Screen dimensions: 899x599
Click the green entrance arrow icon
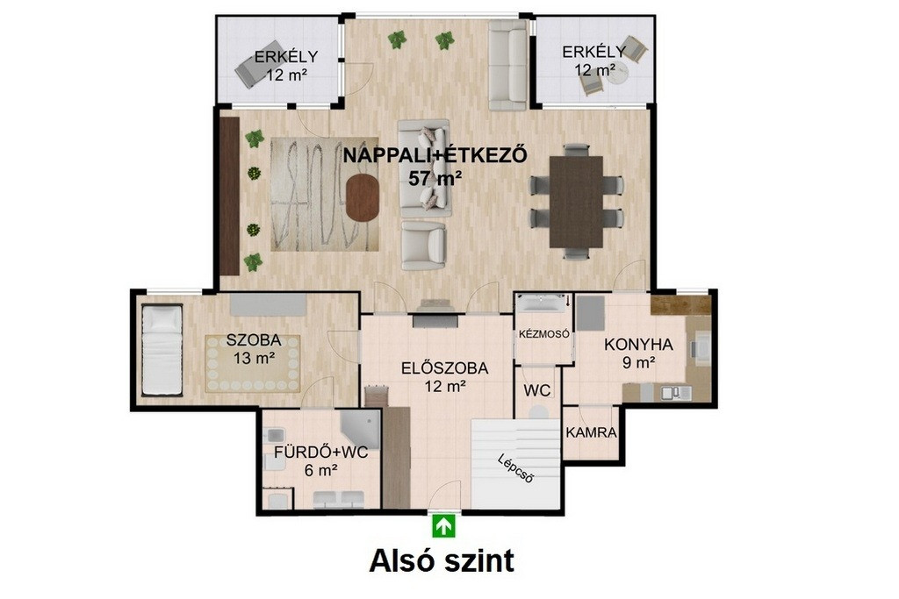pos(443,525)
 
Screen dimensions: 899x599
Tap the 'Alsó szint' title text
pos(442,560)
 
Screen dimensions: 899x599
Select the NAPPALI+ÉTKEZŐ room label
pos(435,155)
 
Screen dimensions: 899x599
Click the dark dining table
pos(576,202)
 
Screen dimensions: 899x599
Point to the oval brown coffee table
pos(363,197)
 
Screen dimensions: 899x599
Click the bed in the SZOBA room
pos(162,349)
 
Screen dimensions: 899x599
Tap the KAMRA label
pos(591,433)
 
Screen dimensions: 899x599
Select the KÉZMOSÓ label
pos(543,334)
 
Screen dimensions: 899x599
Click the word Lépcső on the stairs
pos(516,467)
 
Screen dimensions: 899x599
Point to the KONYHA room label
pos(638,345)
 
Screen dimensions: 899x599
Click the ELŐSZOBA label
pos(444,368)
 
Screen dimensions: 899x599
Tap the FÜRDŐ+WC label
pos(320,453)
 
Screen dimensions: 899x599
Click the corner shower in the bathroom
pos(361,428)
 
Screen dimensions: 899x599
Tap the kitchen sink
pos(676,393)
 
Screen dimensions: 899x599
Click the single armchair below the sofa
pos(423,245)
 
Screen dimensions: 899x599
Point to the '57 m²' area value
pos(435,179)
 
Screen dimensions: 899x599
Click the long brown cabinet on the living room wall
pos(229,196)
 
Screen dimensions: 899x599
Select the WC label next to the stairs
pos(536,390)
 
